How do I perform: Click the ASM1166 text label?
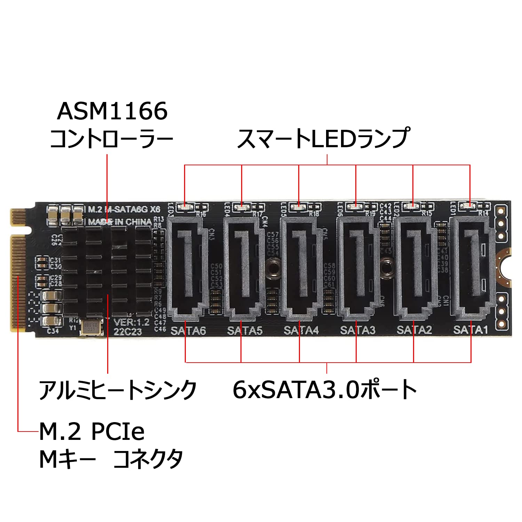point(112,111)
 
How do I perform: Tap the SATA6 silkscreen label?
point(188,330)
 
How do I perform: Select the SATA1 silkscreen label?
point(470,330)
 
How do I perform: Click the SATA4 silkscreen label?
point(301,330)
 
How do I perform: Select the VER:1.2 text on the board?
point(132,322)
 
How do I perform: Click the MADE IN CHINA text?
point(120,222)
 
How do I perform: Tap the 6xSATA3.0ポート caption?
point(325,389)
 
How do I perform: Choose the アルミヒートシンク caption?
point(118,389)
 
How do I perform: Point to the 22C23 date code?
point(128,332)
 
